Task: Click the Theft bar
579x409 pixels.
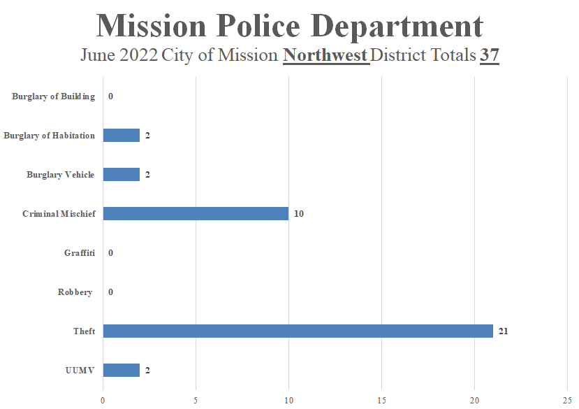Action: pyautogui.click(x=298, y=331)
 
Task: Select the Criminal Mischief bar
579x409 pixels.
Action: pyautogui.click(x=196, y=213)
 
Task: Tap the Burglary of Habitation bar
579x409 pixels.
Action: pyautogui.click(x=122, y=135)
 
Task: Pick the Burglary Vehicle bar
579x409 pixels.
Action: pyautogui.click(x=122, y=174)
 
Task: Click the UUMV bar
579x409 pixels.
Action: pyautogui.click(x=122, y=370)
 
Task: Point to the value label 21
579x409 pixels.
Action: pyautogui.click(x=503, y=331)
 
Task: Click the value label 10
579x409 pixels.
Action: pyautogui.click(x=298, y=213)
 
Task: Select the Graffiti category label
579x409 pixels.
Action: pyautogui.click(x=79, y=252)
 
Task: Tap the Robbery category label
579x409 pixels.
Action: pyautogui.click(x=75, y=292)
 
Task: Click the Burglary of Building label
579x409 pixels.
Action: pyautogui.click(x=53, y=96)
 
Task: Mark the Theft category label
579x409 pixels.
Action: pyautogui.click(x=84, y=331)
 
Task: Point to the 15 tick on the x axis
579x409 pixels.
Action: pyautogui.click(x=381, y=400)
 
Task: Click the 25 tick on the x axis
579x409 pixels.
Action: pyautogui.click(x=567, y=400)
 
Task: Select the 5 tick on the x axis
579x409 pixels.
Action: pyautogui.click(x=196, y=400)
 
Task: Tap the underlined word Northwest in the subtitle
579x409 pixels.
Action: pyautogui.click(x=325, y=55)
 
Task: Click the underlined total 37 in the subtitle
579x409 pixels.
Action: pyautogui.click(x=490, y=55)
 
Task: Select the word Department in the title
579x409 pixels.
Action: pyautogui.click(x=398, y=26)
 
